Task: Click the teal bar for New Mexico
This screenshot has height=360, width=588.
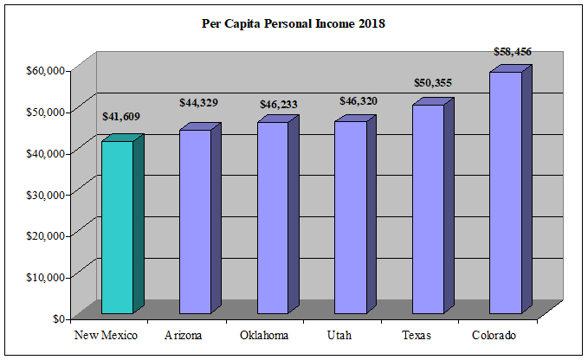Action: [x=117, y=227]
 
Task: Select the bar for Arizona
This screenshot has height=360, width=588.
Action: [x=195, y=222]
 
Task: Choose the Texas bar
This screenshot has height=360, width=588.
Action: [x=428, y=209]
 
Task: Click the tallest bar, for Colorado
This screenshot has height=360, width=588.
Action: [x=506, y=192]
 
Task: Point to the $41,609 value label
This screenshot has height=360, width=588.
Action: [x=120, y=116]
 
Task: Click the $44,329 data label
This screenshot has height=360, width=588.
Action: [x=198, y=103]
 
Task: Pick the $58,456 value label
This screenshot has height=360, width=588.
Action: [x=512, y=52]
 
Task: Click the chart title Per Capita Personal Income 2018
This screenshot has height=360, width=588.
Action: [x=294, y=24]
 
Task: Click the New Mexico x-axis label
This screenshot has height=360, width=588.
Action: [x=107, y=335]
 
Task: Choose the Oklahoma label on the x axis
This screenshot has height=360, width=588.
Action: [x=263, y=335]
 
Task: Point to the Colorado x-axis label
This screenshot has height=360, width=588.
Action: [x=494, y=335]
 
